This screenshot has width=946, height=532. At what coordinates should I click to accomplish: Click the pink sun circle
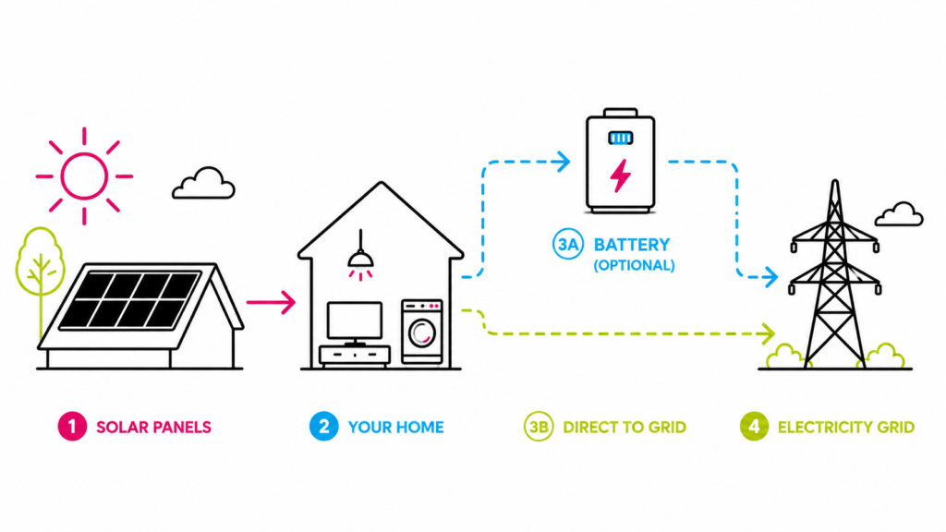[84, 154]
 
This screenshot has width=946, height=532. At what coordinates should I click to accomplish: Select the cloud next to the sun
[203, 183]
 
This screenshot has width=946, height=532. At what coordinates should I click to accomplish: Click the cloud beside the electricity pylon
[899, 214]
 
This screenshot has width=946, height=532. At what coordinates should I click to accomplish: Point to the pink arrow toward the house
[271, 302]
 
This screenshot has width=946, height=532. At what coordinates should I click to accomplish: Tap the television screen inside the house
[355, 320]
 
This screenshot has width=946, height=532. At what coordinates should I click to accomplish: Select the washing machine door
[421, 332]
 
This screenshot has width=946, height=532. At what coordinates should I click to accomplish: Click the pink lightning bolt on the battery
[620, 175]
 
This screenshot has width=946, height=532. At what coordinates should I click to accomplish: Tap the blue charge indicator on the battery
[620, 139]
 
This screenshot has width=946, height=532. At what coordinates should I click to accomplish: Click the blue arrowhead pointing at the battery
[564, 162]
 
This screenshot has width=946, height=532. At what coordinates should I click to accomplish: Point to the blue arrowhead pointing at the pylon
[770, 277]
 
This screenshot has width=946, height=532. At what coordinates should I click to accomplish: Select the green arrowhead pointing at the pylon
[768, 332]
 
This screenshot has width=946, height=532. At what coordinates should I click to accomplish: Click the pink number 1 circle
[72, 427]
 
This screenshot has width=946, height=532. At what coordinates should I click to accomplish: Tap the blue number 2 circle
[324, 427]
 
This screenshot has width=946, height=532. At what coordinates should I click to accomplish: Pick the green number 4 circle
[754, 427]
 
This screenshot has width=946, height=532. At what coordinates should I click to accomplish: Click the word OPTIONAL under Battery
[634, 265]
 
